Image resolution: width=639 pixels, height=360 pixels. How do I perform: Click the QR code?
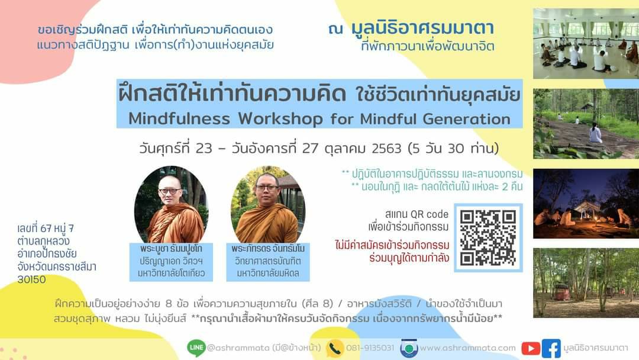(x=488, y=237)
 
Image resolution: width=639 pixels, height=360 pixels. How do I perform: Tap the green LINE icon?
(x=196, y=348)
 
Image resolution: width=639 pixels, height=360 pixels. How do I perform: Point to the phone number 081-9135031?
(x=370, y=348)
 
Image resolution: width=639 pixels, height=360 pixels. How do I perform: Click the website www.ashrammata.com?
(x=467, y=348)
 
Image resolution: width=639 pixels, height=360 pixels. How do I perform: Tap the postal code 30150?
(x=31, y=279)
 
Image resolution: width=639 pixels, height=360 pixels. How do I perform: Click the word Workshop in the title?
(x=280, y=119)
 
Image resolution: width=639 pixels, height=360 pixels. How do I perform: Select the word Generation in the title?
(x=466, y=119)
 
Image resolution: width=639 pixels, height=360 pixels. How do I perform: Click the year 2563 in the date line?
(x=386, y=149)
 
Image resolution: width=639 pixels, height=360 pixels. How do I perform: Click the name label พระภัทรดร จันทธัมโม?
(x=268, y=249)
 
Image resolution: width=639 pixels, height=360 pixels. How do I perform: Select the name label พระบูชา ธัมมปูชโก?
(x=171, y=249)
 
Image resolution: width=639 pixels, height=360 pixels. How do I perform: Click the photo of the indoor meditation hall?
(x=586, y=44)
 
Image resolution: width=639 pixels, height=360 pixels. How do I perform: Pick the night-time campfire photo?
(x=586, y=204)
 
